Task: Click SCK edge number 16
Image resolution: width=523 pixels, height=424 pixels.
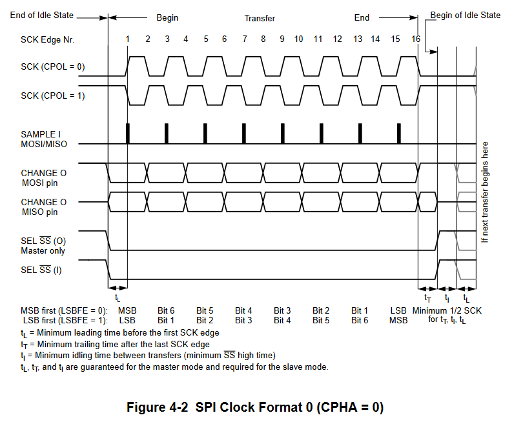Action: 416,39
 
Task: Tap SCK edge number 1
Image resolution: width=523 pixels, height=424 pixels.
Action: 128,39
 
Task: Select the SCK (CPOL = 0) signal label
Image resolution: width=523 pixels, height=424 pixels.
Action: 53,67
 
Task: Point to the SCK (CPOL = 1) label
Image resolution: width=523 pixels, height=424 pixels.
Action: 53,96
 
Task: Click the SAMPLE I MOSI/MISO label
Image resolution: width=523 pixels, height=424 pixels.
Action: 43,139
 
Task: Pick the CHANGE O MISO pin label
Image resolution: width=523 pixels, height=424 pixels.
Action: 43,207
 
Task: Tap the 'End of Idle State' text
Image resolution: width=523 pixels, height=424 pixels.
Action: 42,15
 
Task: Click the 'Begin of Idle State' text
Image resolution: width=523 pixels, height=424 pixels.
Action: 465,15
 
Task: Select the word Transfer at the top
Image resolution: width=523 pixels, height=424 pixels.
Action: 260,18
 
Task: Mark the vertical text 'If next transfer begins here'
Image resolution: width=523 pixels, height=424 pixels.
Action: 485,192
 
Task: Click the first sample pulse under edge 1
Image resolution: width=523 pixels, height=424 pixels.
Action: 128,133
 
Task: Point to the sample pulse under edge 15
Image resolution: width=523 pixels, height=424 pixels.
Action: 399,133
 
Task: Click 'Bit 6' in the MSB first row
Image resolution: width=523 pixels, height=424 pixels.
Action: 166,310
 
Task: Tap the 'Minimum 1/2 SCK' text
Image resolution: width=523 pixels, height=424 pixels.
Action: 447,310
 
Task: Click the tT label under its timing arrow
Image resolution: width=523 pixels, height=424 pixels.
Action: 427,298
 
